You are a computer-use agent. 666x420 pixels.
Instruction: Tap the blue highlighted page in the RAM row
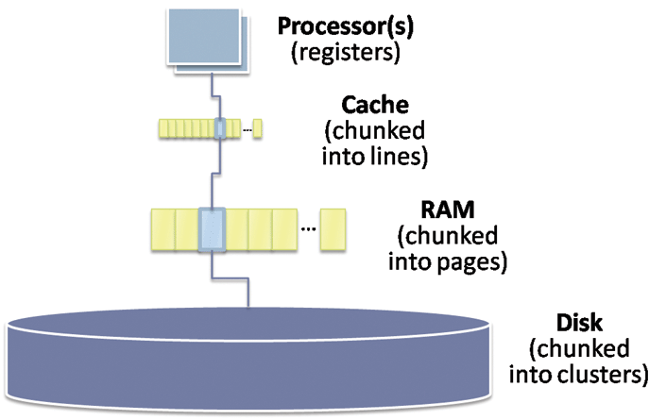[212, 229]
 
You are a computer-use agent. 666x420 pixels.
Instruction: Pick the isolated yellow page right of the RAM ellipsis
[332, 230]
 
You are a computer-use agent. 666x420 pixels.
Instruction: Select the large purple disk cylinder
[250, 363]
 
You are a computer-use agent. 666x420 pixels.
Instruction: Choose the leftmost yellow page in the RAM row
[162, 230]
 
